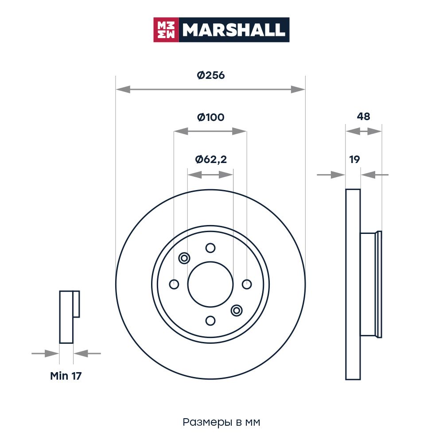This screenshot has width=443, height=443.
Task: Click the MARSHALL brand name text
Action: [233, 30]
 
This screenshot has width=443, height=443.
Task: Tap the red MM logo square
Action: [166, 30]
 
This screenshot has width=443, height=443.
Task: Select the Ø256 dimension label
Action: [211, 75]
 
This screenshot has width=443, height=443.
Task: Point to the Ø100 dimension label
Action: [211, 117]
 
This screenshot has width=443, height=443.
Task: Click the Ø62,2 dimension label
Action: [211, 159]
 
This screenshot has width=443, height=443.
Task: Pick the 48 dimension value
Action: [363, 116]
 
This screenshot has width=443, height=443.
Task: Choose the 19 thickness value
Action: [354, 159]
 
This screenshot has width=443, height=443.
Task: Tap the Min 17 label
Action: [66, 376]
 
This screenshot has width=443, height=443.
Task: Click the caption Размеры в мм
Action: [221, 422]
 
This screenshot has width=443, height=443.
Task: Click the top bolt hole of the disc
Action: [210, 248]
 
